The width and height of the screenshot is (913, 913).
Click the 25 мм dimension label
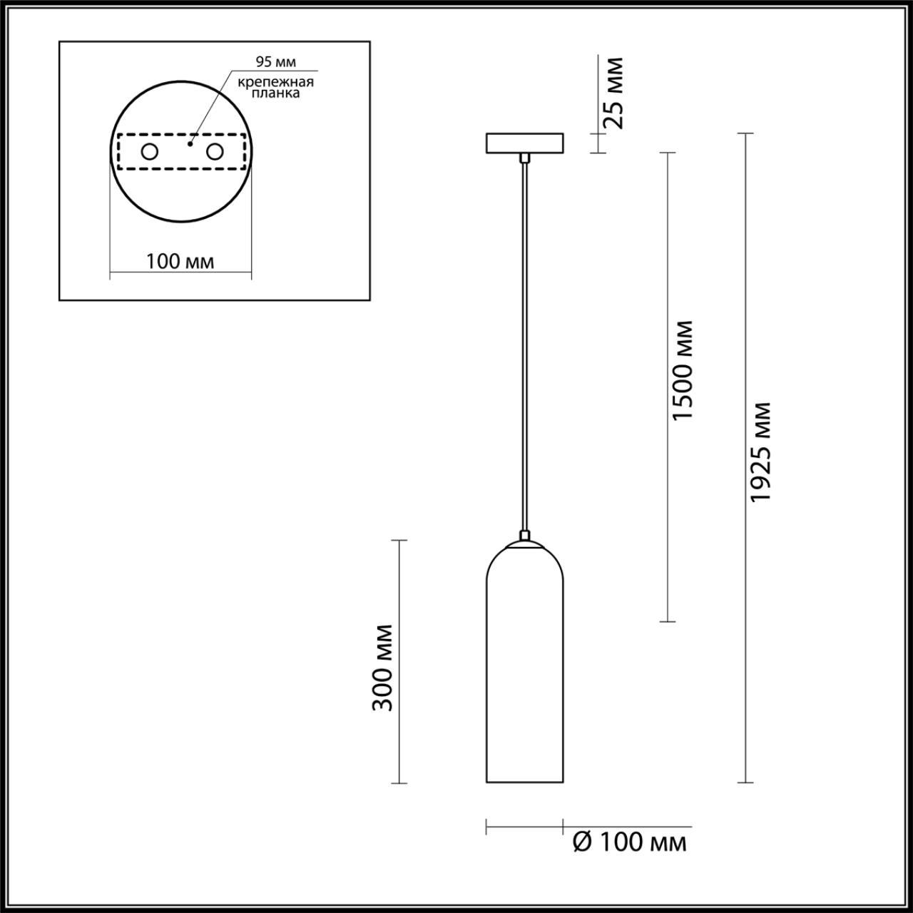pyautogui.click(x=613, y=93)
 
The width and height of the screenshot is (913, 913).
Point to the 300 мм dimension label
pyautogui.click(x=384, y=667)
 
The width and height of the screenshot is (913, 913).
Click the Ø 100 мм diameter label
pyautogui.click(x=630, y=842)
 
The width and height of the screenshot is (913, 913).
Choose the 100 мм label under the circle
pyautogui.click(x=180, y=262)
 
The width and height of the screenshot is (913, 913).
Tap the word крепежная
pyautogui.click(x=276, y=81)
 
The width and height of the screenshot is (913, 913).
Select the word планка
pyautogui.click(x=276, y=93)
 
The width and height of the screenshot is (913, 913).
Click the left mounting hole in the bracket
pyautogui.click(x=150, y=152)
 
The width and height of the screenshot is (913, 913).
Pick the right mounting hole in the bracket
pyautogui.click(x=213, y=152)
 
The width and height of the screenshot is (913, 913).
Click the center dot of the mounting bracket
pyautogui.click(x=189, y=144)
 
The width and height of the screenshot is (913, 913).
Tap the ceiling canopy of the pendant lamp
pyautogui.click(x=524, y=143)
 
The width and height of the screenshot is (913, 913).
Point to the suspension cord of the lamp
pyautogui.click(x=524, y=342)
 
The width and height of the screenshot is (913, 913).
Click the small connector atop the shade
pyautogui.click(x=524, y=536)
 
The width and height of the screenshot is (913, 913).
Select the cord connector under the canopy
pyautogui.click(x=524, y=157)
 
